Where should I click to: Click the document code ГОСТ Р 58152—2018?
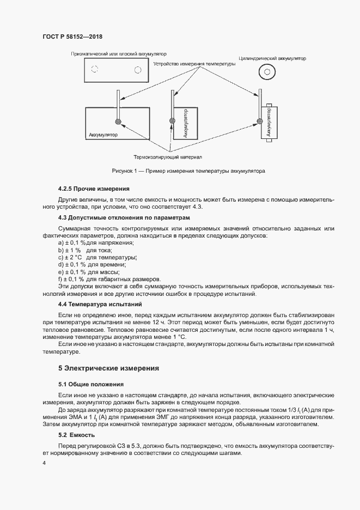(x=72, y=37)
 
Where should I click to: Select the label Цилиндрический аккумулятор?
(x=272, y=58)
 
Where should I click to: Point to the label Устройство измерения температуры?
(x=194, y=64)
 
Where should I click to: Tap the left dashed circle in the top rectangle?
(x=95, y=69)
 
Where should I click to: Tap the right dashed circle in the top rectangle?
(x=138, y=69)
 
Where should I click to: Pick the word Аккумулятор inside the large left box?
(x=103, y=134)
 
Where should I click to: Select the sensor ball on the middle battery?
(x=172, y=121)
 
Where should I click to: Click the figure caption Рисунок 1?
(x=188, y=171)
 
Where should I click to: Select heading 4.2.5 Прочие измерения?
(x=86, y=189)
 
